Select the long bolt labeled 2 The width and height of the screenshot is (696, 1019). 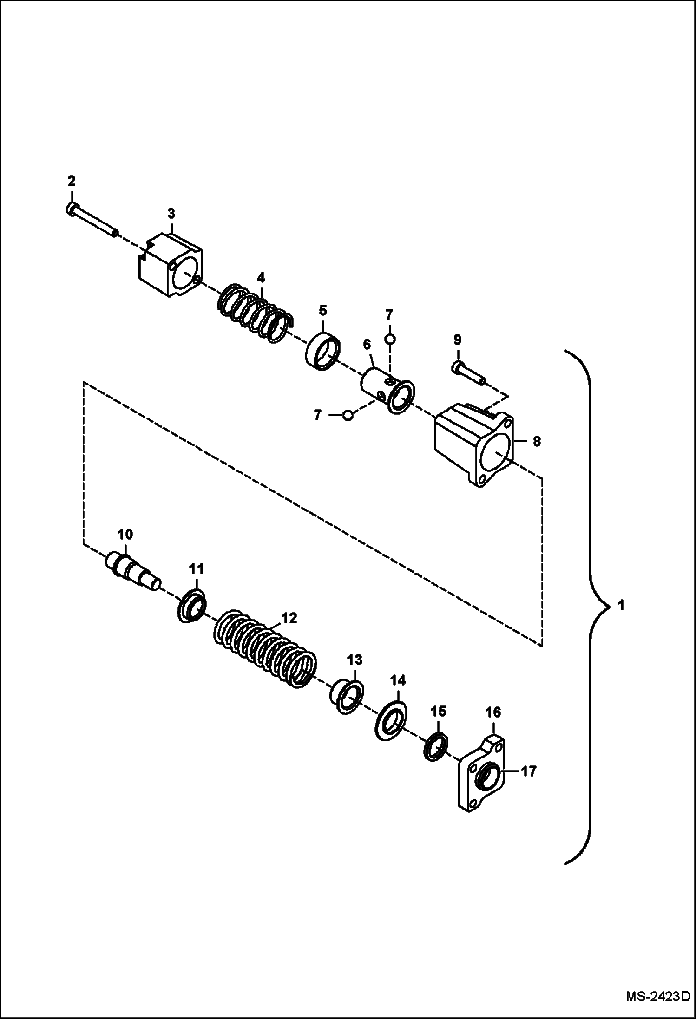point(92,221)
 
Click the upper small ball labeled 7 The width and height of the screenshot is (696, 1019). point(389,340)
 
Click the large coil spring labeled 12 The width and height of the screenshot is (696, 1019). point(265,648)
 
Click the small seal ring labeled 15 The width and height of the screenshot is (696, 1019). point(436,747)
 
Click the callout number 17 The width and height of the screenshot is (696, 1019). point(529,771)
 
